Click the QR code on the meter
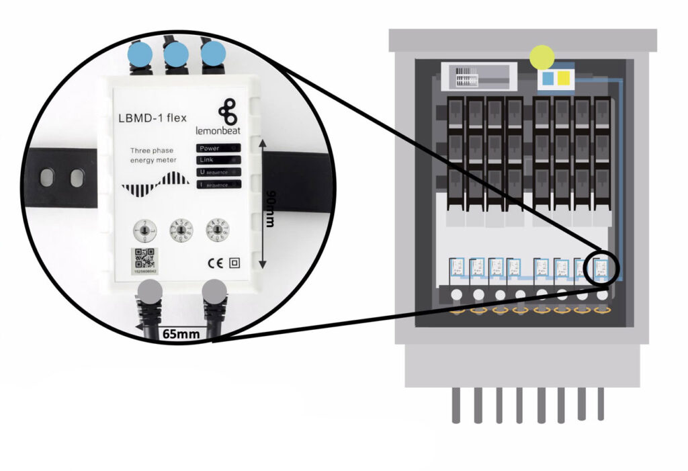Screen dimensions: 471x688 [143, 258]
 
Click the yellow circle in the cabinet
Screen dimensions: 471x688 [542, 58]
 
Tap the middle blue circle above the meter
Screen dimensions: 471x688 [176, 54]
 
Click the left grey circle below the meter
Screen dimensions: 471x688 [150, 292]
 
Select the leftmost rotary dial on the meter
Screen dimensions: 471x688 [142, 228]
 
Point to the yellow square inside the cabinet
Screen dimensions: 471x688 [564, 79]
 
